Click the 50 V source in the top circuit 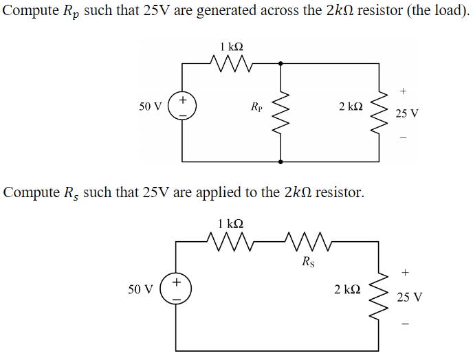pos(183,107)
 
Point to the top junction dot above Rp pos(280,64)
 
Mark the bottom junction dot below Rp pos(280,162)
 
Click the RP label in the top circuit pos(256,107)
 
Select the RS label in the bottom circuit pos(307,261)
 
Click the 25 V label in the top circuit pos(407,113)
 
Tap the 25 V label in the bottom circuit pos(410,297)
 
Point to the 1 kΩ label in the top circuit pos(232,47)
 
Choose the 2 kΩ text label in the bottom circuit pos(347,289)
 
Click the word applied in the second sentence pos(201,192)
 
